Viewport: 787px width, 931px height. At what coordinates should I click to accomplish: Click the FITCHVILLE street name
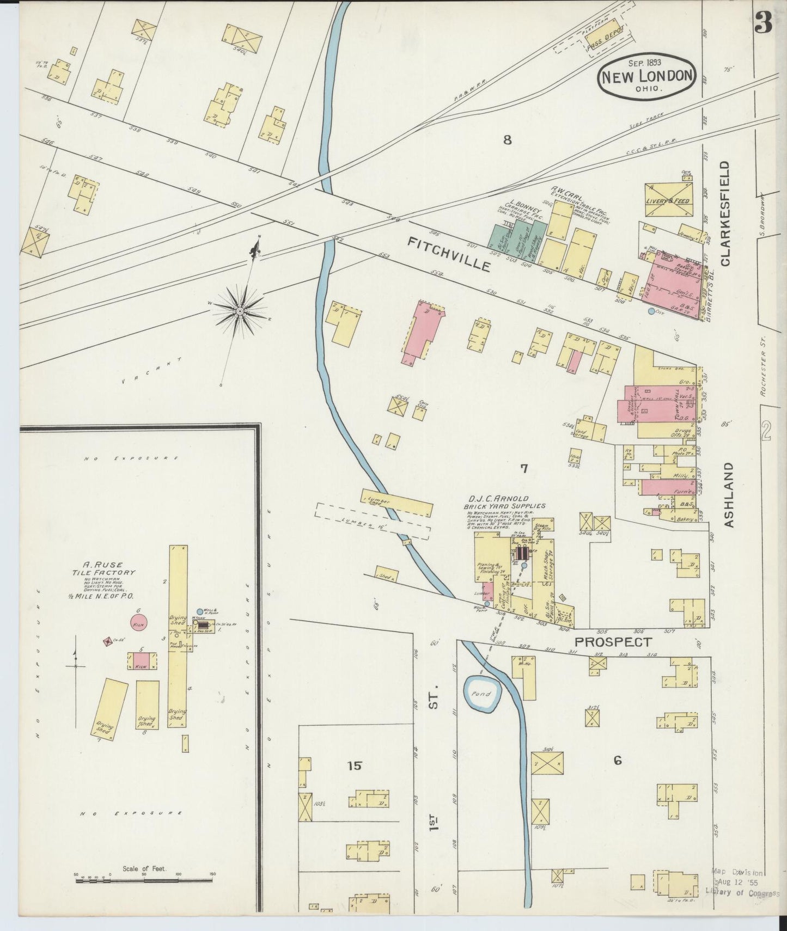[450, 254]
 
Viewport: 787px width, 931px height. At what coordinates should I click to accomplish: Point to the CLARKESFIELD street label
[725, 213]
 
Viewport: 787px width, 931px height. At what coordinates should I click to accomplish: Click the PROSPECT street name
[613, 642]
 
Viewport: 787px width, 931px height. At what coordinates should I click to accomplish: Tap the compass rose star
[240, 310]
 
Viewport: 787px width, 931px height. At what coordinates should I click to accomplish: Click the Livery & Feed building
[669, 201]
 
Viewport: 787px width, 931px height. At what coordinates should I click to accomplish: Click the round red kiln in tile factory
[139, 624]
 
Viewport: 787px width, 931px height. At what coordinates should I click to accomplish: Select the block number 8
[507, 140]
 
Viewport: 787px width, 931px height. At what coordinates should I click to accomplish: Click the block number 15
[354, 765]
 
